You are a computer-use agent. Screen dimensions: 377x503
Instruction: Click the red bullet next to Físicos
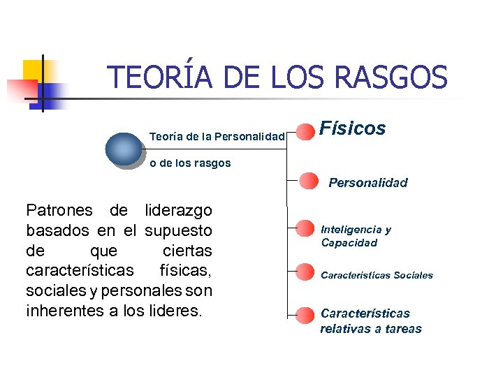point(305,131)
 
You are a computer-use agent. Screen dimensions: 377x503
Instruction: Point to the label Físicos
point(352,128)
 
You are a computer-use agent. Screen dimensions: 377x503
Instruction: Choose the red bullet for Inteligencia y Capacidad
point(305,228)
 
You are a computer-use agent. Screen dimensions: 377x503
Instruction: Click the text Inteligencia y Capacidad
point(356,236)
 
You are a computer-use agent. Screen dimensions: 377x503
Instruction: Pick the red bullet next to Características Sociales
point(305,272)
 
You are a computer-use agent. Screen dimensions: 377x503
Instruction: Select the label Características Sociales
point(377,275)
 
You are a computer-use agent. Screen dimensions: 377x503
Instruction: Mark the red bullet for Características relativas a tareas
point(305,314)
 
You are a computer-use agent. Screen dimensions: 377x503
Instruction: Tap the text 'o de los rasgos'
point(190,163)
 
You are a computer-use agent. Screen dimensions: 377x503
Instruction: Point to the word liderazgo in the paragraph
point(177,210)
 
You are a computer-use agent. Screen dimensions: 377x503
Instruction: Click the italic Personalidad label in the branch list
point(368,183)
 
